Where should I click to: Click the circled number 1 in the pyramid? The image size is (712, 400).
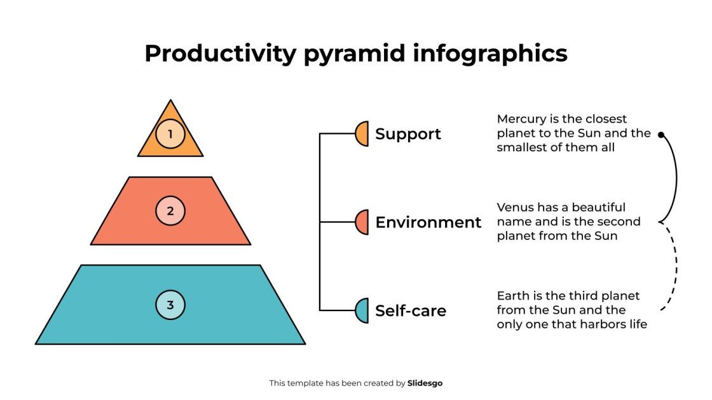point(170,134)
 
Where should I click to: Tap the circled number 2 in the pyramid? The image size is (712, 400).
point(170,211)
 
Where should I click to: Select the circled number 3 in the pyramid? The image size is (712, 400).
point(170,305)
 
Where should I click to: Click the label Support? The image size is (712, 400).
point(407,134)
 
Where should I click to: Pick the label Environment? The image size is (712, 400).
point(428,222)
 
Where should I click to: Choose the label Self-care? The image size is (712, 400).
point(410,311)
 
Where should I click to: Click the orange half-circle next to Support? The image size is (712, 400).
point(362,134)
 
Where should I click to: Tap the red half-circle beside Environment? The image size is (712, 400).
point(362,222)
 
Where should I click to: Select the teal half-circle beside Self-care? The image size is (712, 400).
point(362,310)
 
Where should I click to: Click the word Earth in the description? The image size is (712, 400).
point(512,296)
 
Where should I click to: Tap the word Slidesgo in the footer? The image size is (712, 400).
point(425,383)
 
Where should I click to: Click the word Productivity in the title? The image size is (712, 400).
point(220,53)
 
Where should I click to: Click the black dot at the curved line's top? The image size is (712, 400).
point(661,135)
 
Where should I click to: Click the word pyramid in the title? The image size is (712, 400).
point(354,53)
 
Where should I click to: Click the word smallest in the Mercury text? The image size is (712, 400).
point(521,147)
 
